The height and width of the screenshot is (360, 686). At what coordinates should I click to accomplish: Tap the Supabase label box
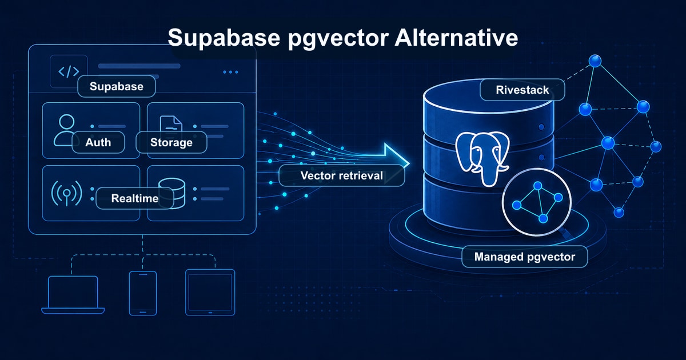[x=115, y=87]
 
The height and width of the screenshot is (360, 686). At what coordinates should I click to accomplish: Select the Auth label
[x=98, y=142]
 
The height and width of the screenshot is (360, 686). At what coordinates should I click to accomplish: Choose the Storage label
[x=171, y=142]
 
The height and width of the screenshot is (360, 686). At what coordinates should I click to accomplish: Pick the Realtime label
[x=135, y=198]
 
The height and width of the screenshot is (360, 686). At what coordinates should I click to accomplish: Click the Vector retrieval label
[x=341, y=175]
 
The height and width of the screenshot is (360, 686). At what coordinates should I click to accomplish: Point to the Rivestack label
[x=523, y=90]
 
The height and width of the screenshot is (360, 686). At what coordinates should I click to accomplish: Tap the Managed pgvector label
[x=525, y=257]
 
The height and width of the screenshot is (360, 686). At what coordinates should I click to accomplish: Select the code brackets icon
[x=69, y=71]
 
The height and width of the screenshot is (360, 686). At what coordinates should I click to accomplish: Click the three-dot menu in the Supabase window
[x=230, y=72]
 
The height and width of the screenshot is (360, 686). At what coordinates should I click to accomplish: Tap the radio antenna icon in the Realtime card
[x=66, y=194]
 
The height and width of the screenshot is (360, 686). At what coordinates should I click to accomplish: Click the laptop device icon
[x=73, y=295]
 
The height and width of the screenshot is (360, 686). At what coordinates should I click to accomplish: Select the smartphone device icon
[x=142, y=293]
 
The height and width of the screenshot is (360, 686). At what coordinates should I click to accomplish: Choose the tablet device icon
[x=210, y=292]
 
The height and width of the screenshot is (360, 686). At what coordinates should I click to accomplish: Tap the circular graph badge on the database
[x=536, y=202]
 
